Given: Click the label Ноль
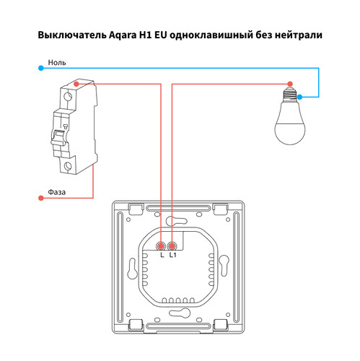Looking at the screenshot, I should tap(58, 63).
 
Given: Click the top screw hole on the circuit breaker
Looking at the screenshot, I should tap(69, 96).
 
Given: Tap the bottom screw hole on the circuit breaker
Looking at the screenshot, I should tap(69, 167).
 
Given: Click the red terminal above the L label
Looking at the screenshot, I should tap(162, 245).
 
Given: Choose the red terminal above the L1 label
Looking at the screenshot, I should tap(172, 245).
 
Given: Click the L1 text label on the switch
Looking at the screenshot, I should tap(173, 256).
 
